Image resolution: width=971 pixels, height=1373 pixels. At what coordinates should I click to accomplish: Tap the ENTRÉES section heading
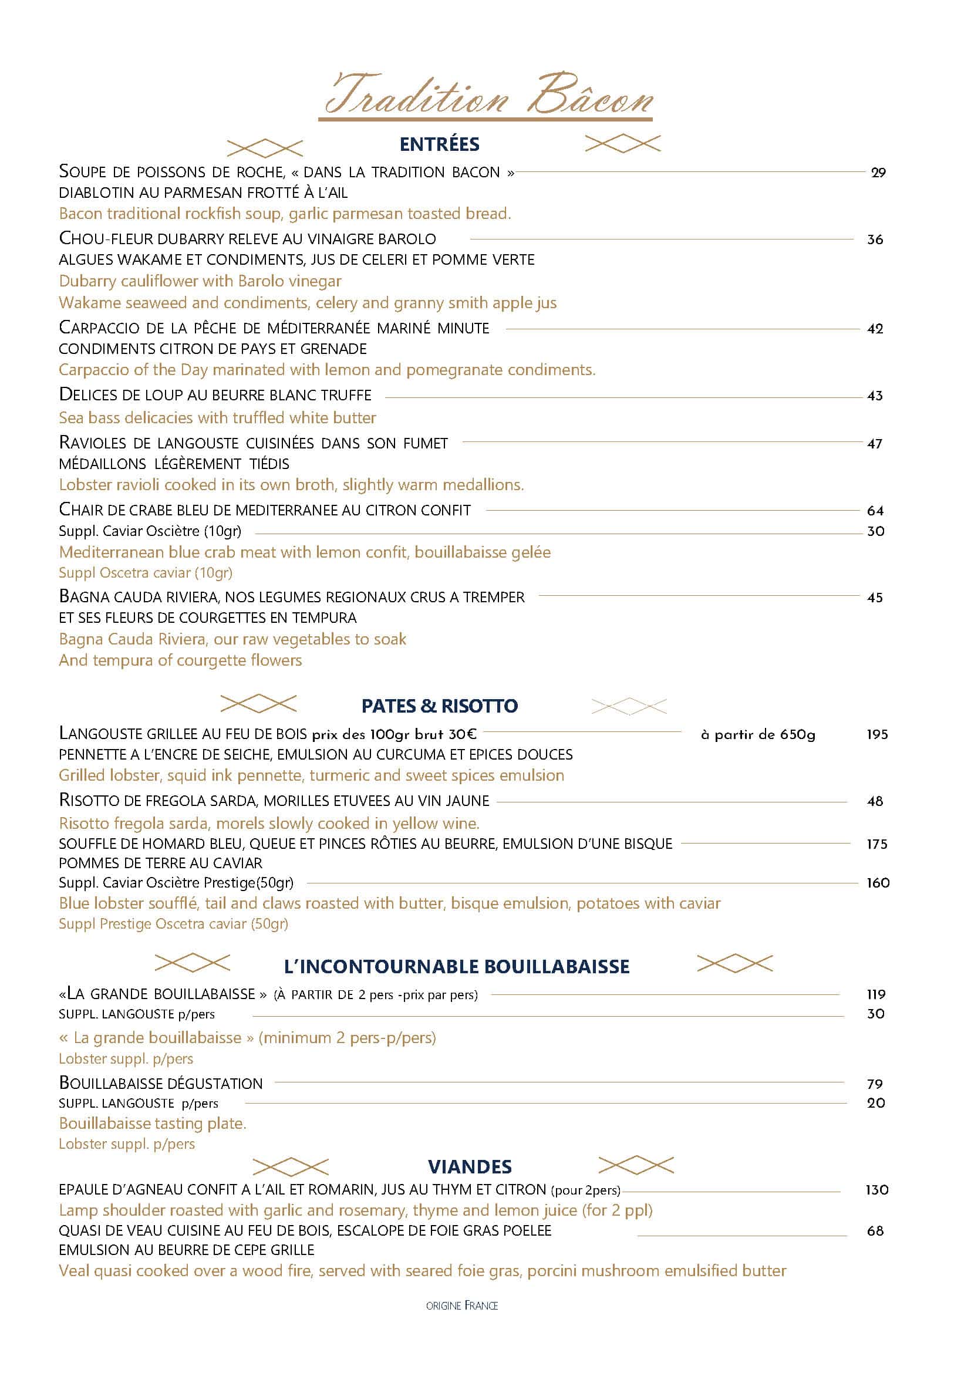pos(440,144)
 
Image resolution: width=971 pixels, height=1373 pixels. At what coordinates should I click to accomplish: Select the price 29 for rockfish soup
pos(878,173)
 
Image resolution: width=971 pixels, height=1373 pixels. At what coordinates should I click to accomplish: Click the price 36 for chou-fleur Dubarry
pos(875,240)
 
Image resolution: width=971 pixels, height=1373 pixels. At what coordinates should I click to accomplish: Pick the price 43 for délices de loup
pos(875,395)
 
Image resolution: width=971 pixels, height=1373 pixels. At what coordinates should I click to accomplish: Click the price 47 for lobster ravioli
pos(875,444)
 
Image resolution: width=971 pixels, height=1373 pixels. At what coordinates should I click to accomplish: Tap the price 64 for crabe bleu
pos(875,511)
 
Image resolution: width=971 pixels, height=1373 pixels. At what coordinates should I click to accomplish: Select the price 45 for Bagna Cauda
pos(875,598)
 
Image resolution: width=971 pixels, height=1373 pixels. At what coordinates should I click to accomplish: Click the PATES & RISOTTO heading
pos(440,706)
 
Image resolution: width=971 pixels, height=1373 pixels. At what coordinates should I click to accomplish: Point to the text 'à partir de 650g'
pos(757,735)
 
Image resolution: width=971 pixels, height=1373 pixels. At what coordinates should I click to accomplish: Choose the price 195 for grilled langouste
pos(877,734)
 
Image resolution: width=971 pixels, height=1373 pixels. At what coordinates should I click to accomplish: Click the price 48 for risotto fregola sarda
pos(875,801)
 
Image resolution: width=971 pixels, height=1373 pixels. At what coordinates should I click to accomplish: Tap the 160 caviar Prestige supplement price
pos(878,883)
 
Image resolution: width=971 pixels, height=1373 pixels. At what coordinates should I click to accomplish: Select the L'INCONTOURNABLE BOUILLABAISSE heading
pos(457,966)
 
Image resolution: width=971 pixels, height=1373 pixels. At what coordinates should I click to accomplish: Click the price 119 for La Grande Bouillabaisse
pos(876,994)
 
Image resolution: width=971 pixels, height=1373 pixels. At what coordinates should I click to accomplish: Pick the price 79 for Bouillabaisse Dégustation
pos(875,1084)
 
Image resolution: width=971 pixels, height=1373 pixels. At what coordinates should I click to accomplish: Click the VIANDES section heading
pos(470,1166)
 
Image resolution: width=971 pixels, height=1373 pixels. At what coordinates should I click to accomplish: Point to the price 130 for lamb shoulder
pos(876,1190)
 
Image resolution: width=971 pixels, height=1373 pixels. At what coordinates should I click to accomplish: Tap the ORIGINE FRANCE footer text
pos(461,1306)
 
